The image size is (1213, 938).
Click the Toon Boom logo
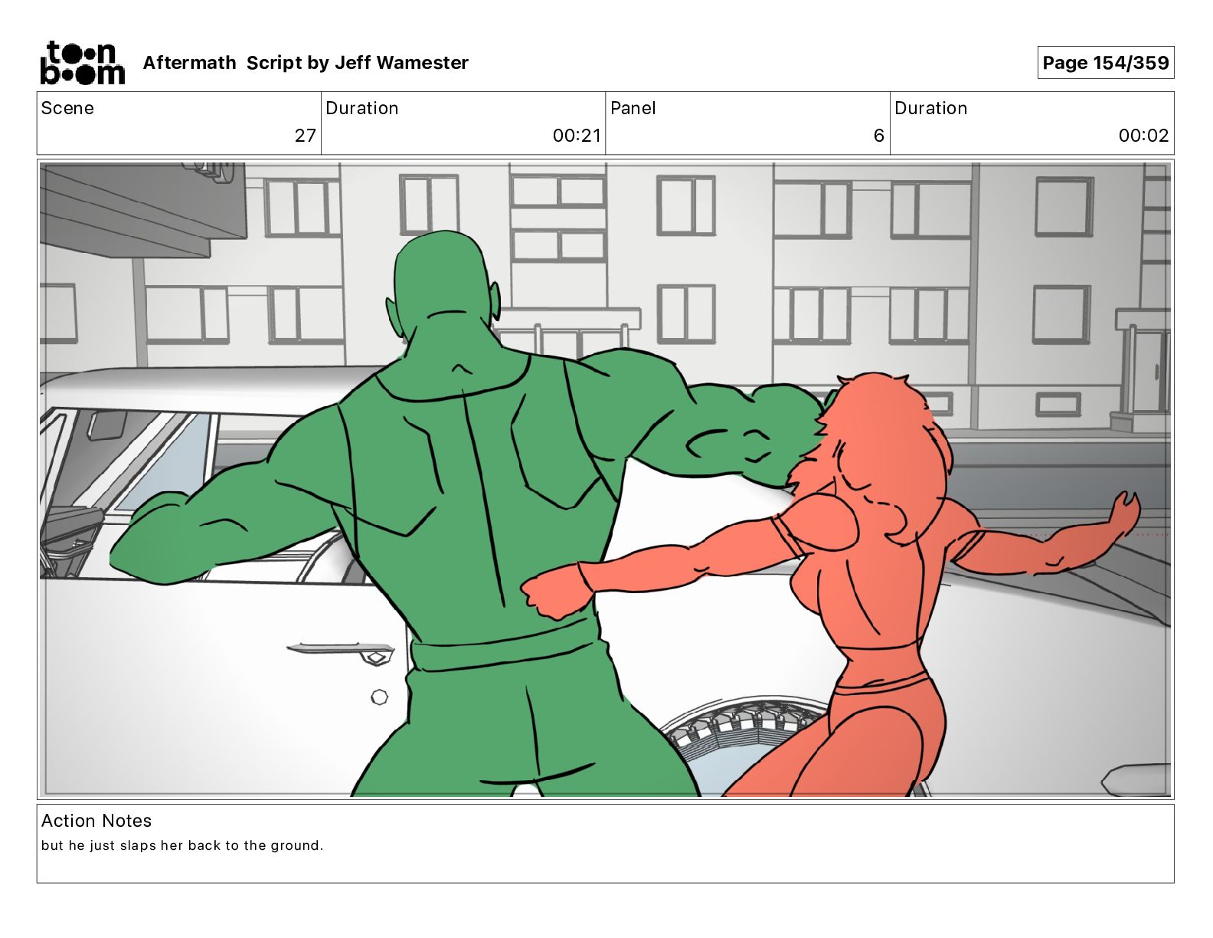[83, 63]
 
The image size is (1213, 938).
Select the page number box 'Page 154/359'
[1105, 63]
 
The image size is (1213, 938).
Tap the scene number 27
[306, 136]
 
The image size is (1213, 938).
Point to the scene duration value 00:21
[577, 136]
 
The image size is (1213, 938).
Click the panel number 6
[878, 136]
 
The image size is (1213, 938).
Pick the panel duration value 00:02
[1143, 136]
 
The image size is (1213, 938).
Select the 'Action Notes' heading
[96, 821]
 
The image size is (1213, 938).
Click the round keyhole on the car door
[380, 697]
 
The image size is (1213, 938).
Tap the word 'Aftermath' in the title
[189, 63]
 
